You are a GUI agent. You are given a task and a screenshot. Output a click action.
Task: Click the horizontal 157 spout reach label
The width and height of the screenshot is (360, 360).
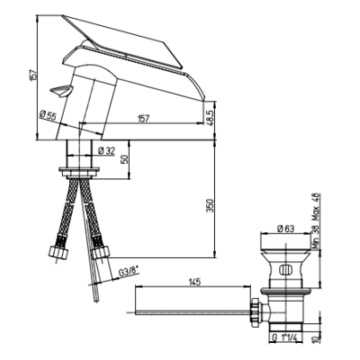[143, 119]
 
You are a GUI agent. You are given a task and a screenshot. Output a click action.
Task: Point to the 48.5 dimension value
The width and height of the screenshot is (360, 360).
[211, 116]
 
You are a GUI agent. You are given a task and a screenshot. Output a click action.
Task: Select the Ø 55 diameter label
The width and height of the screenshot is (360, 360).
[48, 115]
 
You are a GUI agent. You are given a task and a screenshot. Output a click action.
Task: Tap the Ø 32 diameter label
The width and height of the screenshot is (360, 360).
[106, 151]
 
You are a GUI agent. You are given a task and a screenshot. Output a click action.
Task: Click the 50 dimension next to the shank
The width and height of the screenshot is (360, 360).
[124, 158]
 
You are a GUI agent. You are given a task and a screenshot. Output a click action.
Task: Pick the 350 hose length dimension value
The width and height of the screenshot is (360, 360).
[211, 205]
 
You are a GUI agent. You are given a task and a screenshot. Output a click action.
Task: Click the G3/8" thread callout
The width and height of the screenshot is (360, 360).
[129, 273]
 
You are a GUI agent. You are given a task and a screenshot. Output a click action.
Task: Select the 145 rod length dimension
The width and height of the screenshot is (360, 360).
[194, 282]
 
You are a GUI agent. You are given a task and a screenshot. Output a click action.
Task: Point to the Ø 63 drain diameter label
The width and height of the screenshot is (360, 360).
[285, 229]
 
